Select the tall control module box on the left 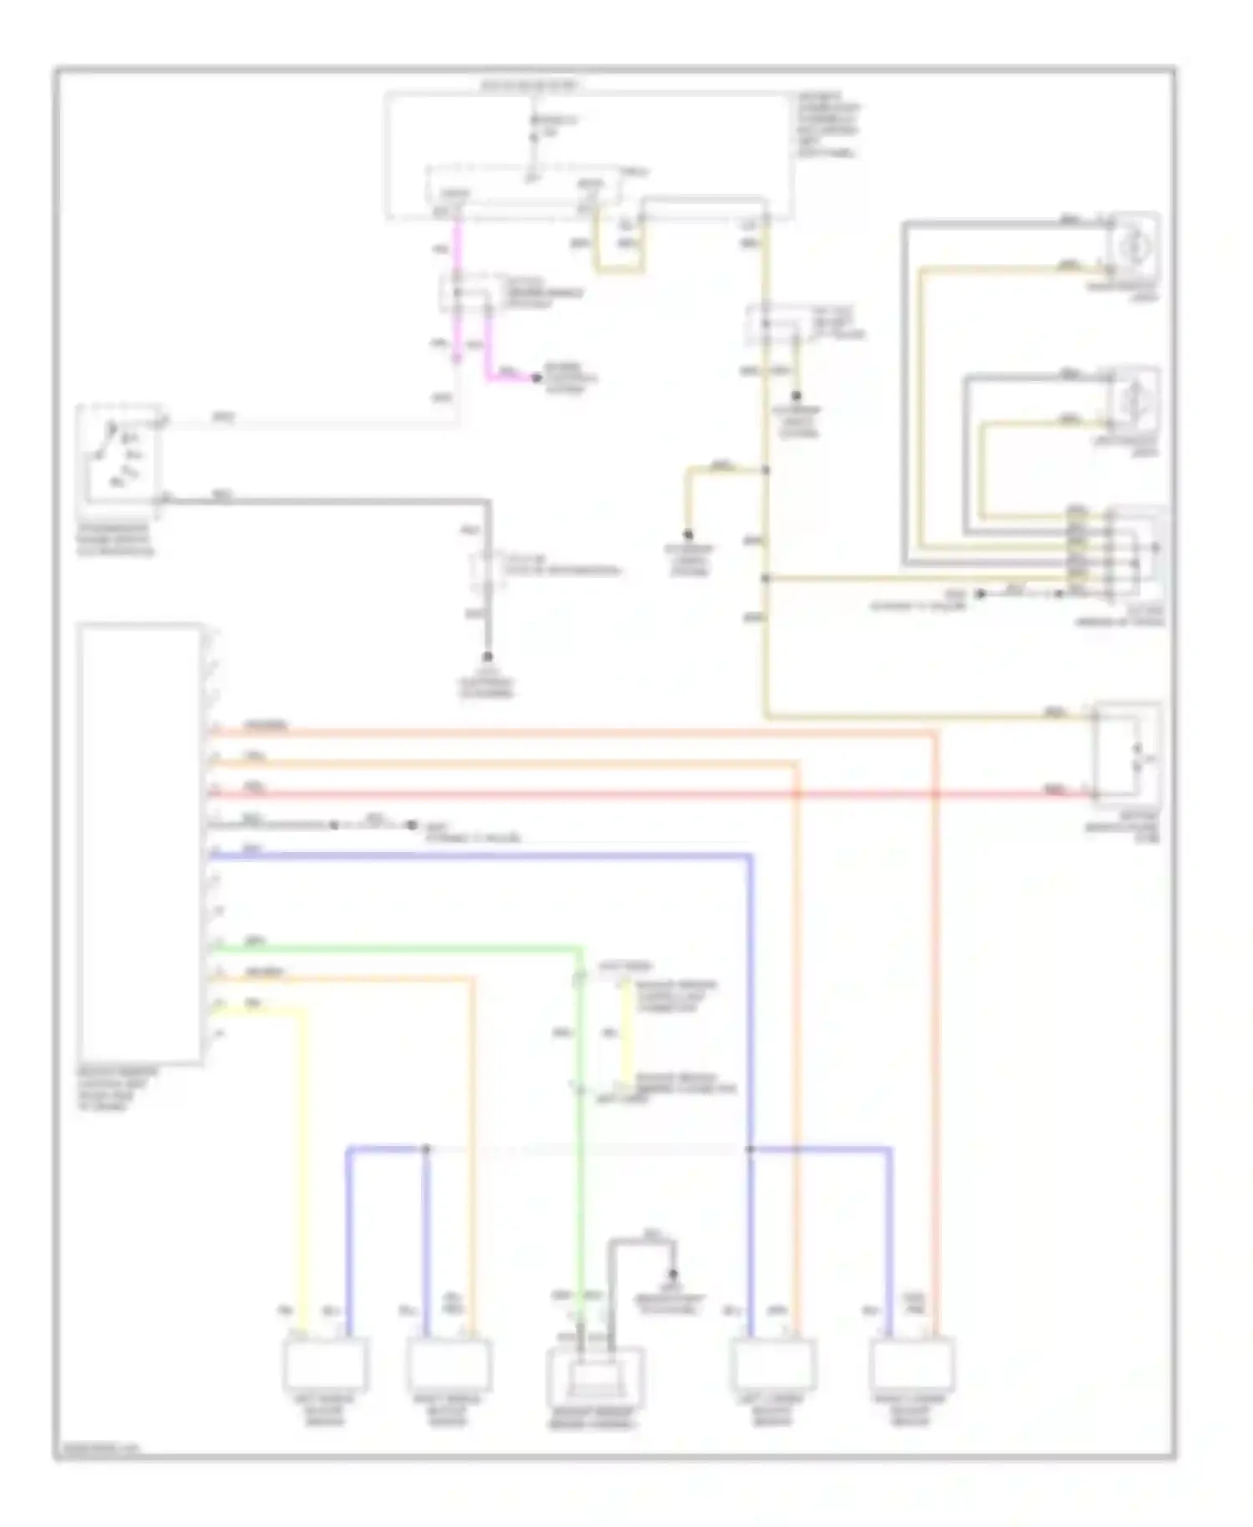(140, 844)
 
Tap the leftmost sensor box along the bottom (325, 1363)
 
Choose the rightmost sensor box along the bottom (912, 1363)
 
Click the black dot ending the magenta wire (535, 378)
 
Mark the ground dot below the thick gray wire (487, 657)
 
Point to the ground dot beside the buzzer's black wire (673, 1276)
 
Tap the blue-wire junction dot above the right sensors (750, 1149)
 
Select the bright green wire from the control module (393, 948)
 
